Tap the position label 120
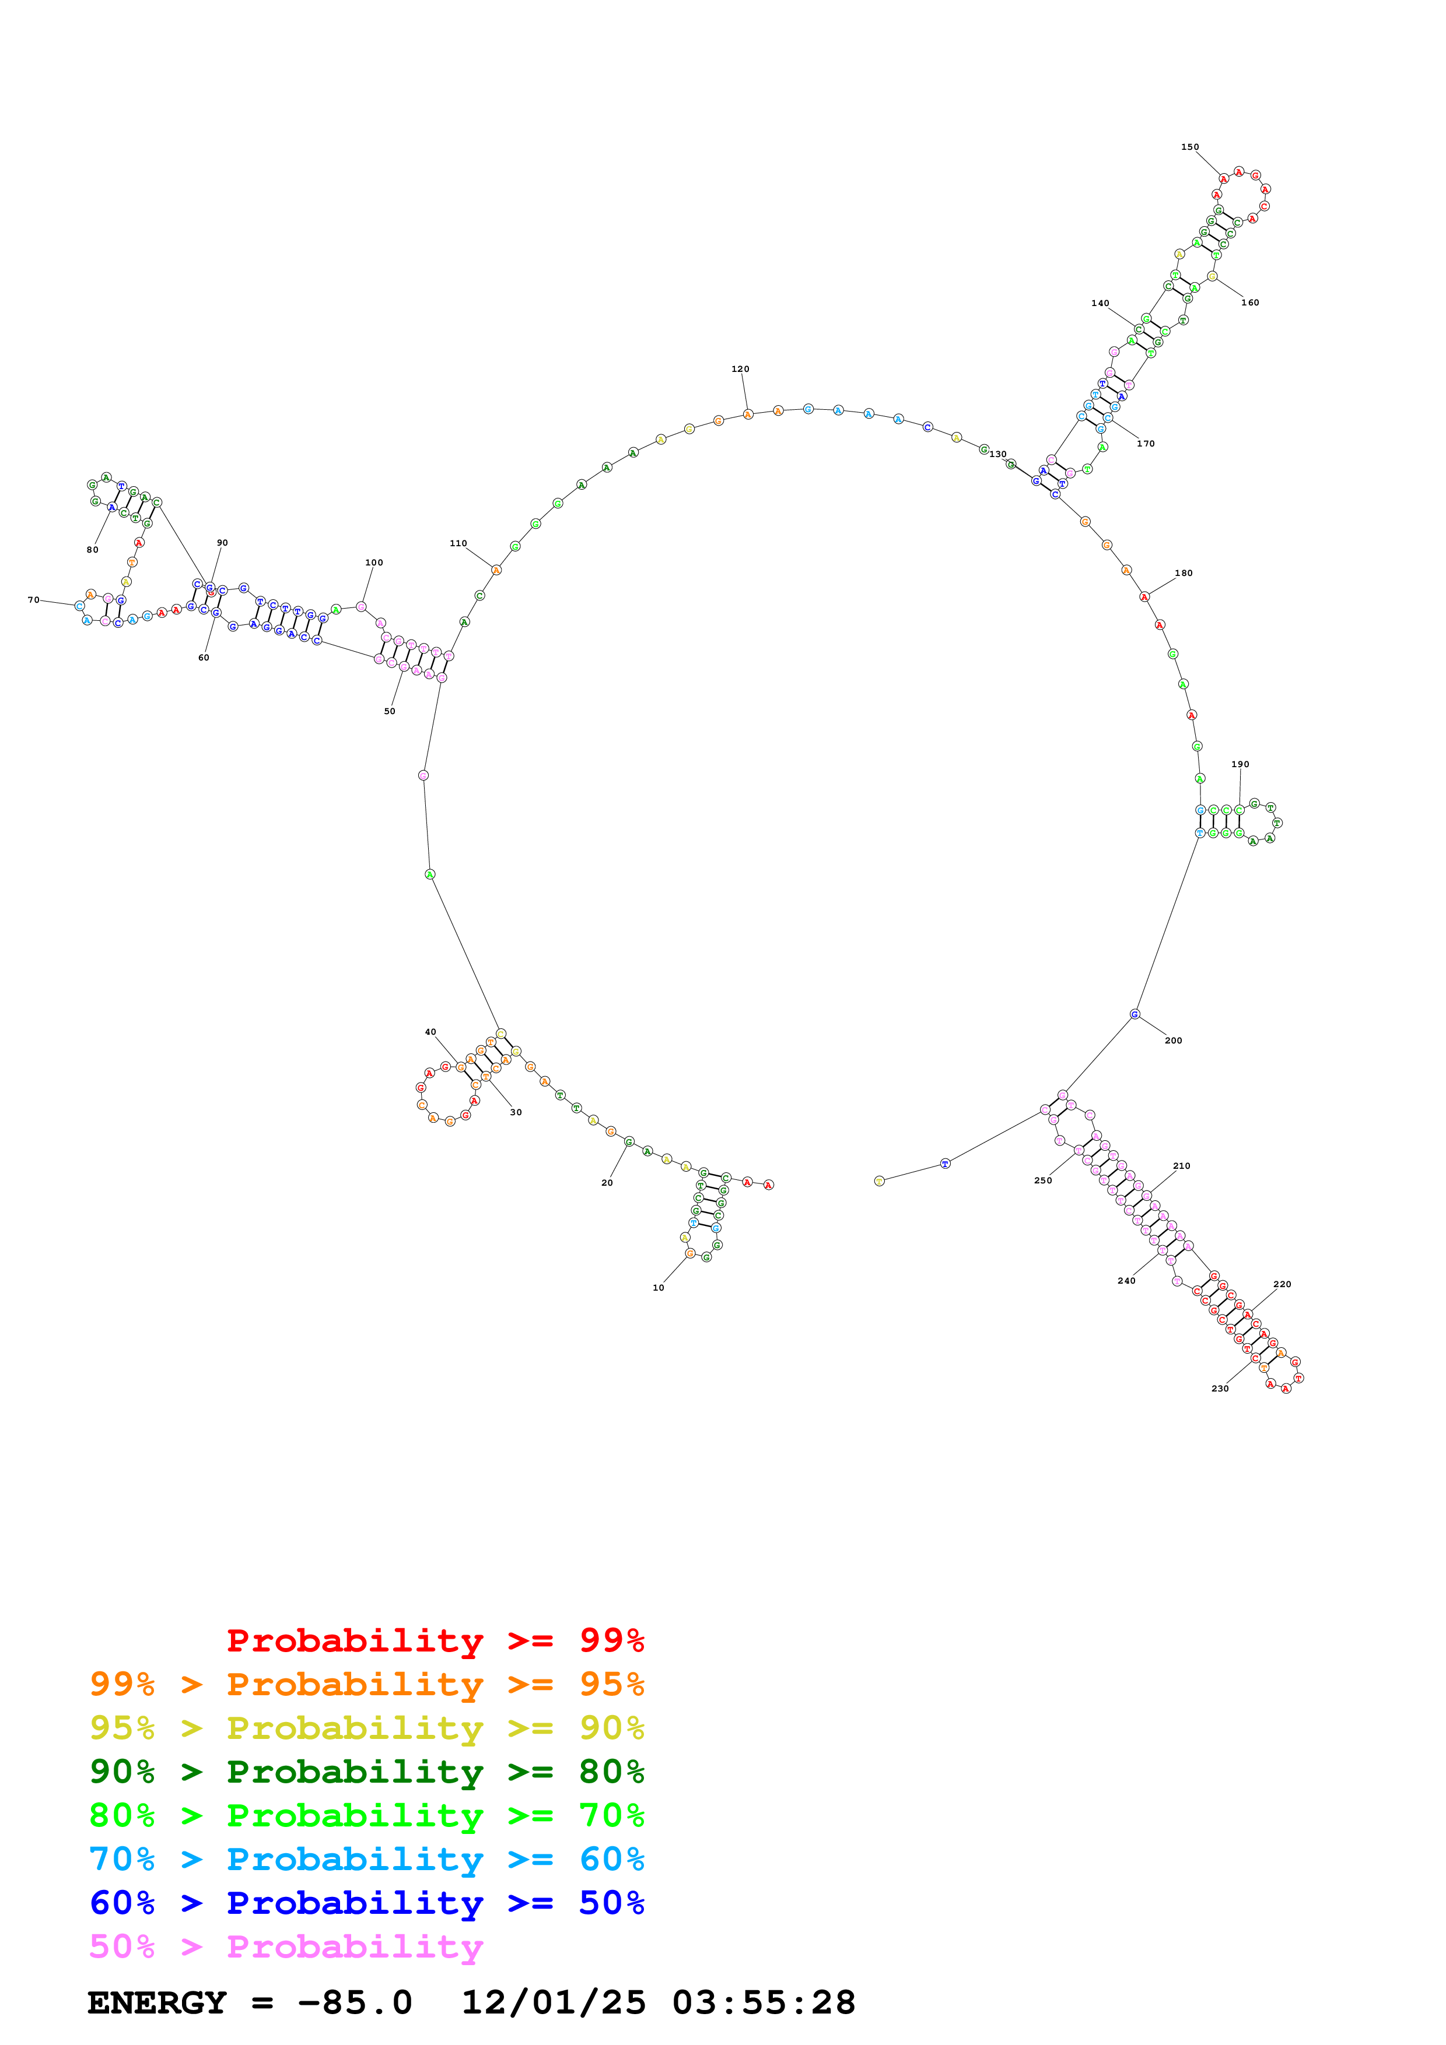point(740,369)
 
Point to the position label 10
point(659,1287)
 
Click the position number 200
point(1174,1041)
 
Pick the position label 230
point(1220,1389)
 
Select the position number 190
point(1240,764)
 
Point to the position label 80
point(93,550)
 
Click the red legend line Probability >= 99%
point(435,1640)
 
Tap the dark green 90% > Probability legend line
point(366,1772)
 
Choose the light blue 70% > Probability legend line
point(366,1859)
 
